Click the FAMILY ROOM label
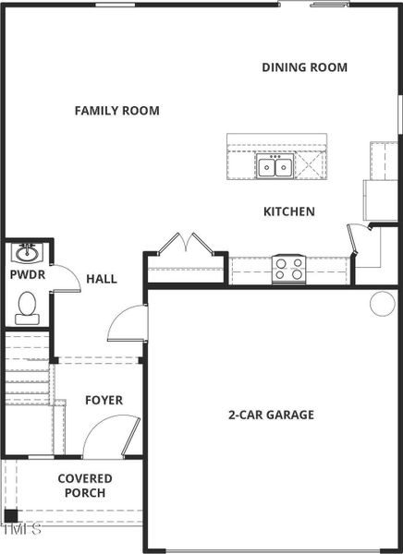click(x=116, y=111)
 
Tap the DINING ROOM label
click(x=304, y=67)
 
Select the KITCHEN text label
click(x=289, y=211)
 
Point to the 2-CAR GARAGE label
click(x=271, y=415)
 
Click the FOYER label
click(x=104, y=400)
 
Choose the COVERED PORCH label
click(x=85, y=486)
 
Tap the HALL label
click(x=102, y=278)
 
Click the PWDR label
click(x=27, y=275)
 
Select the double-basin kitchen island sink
click(x=275, y=167)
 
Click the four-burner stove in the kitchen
click(x=288, y=269)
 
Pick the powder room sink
click(x=27, y=251)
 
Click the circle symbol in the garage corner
click(x=382, y=303)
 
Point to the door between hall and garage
click(x=127, y=324)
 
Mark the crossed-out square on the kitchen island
click(x=311, y=167)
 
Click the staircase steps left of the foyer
click(x=26, y=369)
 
